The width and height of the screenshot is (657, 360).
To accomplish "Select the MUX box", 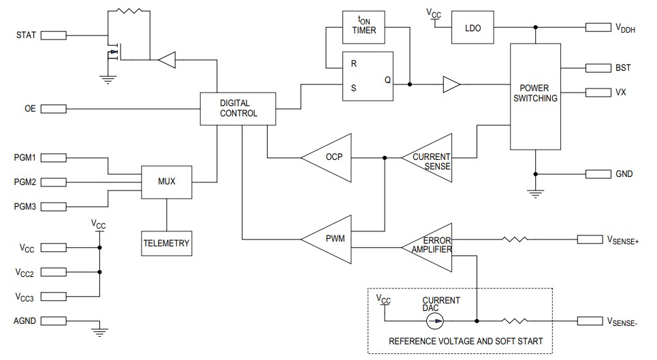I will (167, 182).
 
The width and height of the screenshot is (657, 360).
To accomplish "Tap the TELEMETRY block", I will (166, 243).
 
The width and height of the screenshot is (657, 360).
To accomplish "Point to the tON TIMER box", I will (368, 26).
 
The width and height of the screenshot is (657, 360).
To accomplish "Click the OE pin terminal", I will (54, 109).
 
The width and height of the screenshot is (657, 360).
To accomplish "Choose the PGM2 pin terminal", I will (54, 182).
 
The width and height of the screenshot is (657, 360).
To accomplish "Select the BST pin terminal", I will (598, 68).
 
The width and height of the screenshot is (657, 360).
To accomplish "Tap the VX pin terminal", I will (598, 93).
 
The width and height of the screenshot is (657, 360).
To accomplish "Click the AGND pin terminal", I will (54, 320).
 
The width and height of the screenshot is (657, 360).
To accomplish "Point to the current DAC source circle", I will (437, 320).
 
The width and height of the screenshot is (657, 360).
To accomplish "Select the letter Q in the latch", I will (387, 80).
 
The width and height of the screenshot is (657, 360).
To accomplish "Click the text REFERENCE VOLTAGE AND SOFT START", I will (466, 341).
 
